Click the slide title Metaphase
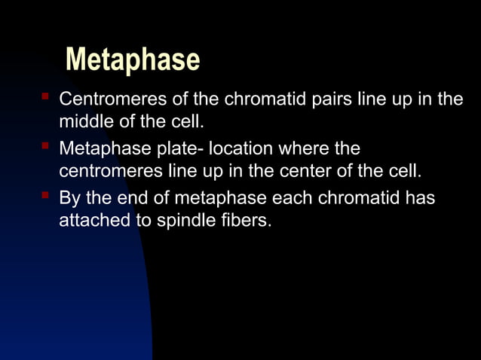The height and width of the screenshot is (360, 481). (x=133, y=59)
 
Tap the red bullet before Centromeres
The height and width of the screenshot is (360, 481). (x=45, y=98)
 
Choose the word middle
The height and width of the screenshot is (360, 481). (x=83, y=121)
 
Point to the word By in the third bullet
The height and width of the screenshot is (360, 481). (x=70, y=199)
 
